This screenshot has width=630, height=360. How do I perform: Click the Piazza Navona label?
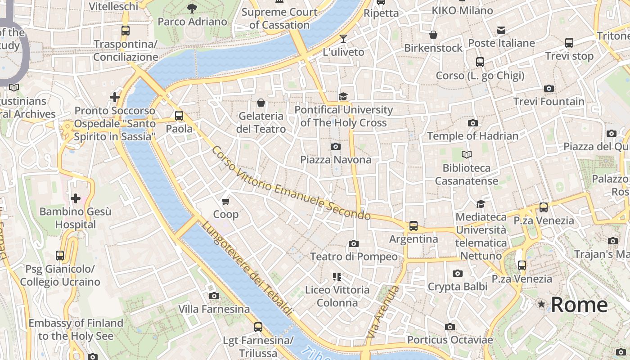[x=336, y=160]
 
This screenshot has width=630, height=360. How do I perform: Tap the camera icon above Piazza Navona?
[x=335, y=146]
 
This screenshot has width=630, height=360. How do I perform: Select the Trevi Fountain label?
[x=549, y=102]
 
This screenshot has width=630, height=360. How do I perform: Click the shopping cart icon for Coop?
[x=226, y=201]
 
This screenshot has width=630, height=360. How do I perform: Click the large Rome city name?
[x=579, y=305]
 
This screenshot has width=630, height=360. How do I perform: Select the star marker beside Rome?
[x=541, y=305]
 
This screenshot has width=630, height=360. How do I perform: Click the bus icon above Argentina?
[x=413, y=225]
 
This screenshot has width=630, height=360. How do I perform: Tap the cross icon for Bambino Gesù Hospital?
[x=76, y=198]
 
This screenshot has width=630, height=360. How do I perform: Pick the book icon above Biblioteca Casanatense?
[x=467, y=155]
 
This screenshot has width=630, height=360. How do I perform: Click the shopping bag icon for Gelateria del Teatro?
[x=261, y=103]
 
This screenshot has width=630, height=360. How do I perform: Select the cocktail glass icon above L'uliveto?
[x=343, y=39]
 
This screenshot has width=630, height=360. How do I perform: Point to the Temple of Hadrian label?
[x=472, y=136]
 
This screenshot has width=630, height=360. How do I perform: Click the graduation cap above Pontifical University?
[x=343, y=96]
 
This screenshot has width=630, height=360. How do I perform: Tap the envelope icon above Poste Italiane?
[x=501, y=30]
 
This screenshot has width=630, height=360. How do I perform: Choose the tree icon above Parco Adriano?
[x=192, y=8]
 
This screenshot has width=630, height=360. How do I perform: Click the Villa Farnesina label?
[x=214, y=309]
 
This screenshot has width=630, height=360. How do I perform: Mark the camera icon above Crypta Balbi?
[x=457, y=273]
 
